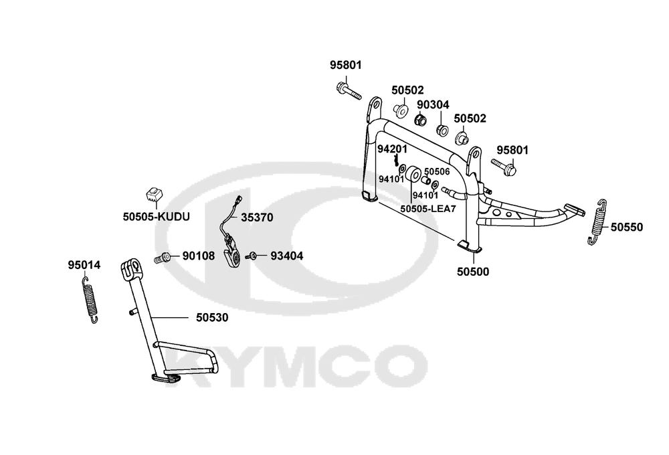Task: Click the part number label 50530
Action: pos(212,318)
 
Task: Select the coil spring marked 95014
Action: pos(90,300)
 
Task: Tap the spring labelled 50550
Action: pos(597,222)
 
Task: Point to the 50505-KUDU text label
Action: pos(156,217)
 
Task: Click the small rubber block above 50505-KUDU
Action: pos(153,195)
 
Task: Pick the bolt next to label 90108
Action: pos(162,258)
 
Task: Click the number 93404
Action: pos(287,256)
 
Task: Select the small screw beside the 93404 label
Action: pos(252,256)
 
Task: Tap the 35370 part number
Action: pos(257,217)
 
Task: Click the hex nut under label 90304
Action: pos(421,120)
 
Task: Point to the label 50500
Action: pos(473,272)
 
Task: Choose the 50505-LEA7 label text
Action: pos(428,209)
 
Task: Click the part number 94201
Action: pos(393,149)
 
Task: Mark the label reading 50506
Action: pos(437,171)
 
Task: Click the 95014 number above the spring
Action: pos(84,265)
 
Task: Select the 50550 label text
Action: pos(626,227)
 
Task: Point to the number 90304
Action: pos(433,104)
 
